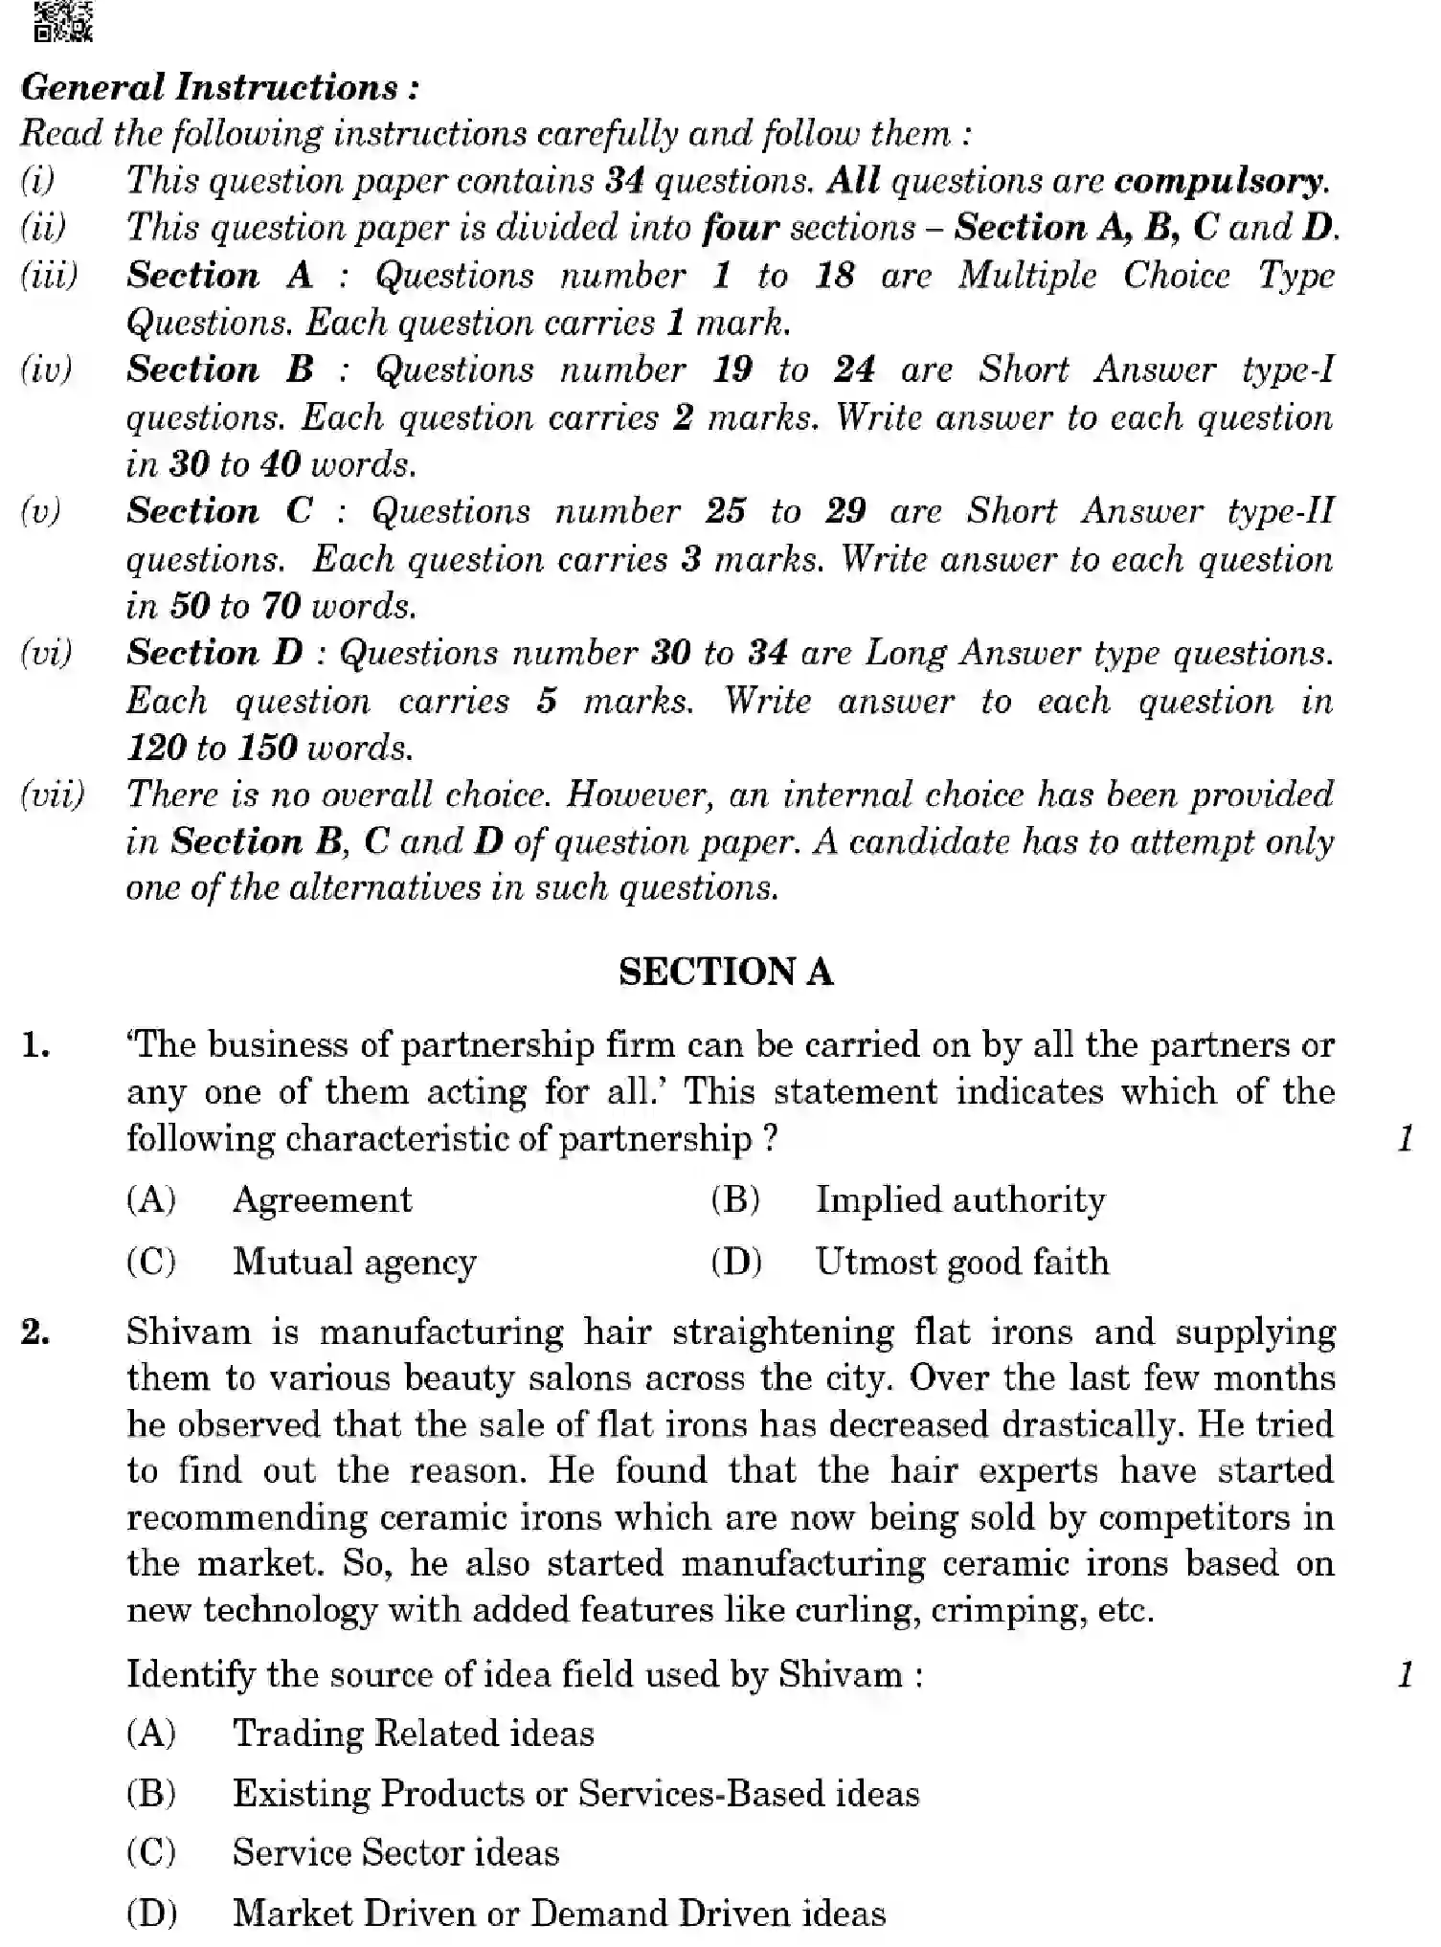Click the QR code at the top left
coord(63,21)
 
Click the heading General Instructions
coord(219,87)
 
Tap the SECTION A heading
coord(726,972)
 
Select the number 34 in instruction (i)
coord(625,180)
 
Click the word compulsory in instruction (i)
coord(1221,180)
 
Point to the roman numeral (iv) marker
coord(46,369)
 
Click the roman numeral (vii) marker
coord(53,794)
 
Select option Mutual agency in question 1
coord(354,1262)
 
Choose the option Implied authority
coord(959,1199)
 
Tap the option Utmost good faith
coord(961,1262)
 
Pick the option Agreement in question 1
coord(322,1199)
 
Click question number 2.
coord(36,1332)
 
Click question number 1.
coord(36,1045)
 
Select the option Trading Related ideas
coord(413,1734)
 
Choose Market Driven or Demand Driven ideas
coord(559,1913)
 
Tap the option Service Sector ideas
coord(395,1853)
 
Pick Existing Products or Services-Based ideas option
coord(575,1793)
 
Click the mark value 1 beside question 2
coord(1405,1674)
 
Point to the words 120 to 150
coord(212,747)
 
